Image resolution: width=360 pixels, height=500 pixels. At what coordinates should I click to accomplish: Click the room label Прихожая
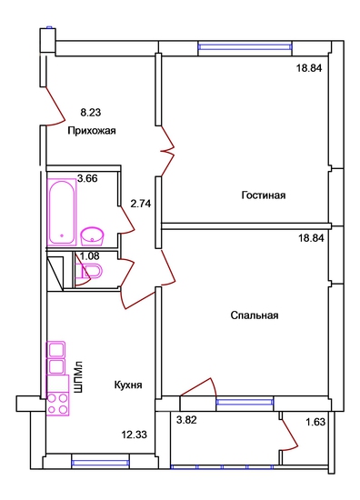point(92,131)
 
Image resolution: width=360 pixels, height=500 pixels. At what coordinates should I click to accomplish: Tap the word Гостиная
point(264,195)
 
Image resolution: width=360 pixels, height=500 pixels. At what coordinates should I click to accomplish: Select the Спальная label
point(255,315)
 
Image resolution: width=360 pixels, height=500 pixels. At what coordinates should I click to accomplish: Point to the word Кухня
point(128,385)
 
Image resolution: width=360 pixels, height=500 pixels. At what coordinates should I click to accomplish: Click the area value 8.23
point(91,112)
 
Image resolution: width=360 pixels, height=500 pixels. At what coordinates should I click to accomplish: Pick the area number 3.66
point(87,178)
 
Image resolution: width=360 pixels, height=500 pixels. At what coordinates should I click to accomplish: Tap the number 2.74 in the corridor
point(141,204)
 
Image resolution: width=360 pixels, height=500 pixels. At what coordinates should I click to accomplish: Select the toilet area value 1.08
point(89,255)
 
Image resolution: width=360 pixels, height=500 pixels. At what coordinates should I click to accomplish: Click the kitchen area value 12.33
point(135,435)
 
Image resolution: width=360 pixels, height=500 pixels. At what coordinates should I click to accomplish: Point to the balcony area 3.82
point(186,420)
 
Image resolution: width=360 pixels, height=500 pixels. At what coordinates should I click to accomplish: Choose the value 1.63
point(315,422)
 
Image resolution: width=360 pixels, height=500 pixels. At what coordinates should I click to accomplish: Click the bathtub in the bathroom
point(62,212)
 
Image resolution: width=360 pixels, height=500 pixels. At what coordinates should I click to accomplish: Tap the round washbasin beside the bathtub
point(92,236)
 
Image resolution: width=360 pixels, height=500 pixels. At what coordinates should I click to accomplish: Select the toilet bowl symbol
point(89,272)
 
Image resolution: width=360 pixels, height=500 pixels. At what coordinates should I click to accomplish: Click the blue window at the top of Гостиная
point(245,47)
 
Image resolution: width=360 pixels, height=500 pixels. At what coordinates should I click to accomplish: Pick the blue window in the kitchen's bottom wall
point(100,463)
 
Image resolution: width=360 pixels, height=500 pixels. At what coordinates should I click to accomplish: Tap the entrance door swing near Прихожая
point(55,105)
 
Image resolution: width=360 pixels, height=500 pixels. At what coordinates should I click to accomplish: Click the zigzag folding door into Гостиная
point(168,151)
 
